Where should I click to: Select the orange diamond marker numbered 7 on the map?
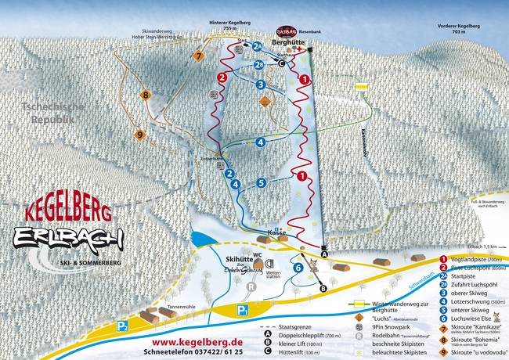coord(200,56)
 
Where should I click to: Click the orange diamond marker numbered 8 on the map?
coord(145,95)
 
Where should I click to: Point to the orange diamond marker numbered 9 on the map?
coord(140,135)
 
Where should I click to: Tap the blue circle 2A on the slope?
coord(257,46)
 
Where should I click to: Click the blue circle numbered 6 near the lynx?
coord(298,268)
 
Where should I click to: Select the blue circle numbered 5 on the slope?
coord(262,182)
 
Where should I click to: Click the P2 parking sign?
coord(121,326)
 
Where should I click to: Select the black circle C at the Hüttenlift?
coord(281,64)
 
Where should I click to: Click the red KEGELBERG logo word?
coord(69,210)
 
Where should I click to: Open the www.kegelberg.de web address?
coord(197,343)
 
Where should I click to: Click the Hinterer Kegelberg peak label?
coord(229,24)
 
